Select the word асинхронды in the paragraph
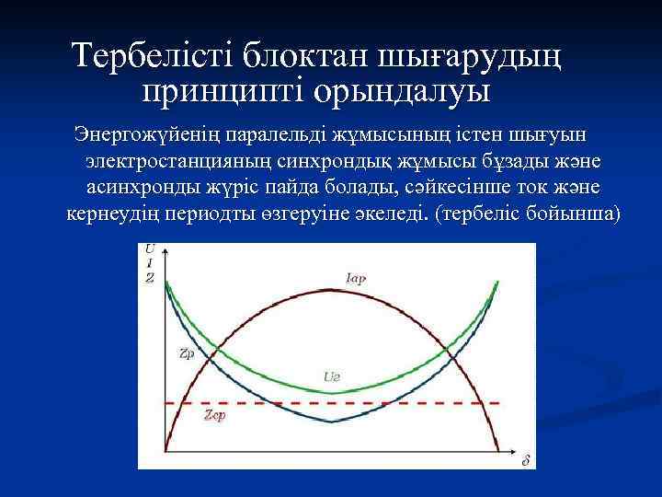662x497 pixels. (142, 188)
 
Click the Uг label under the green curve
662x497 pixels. (333, 376)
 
